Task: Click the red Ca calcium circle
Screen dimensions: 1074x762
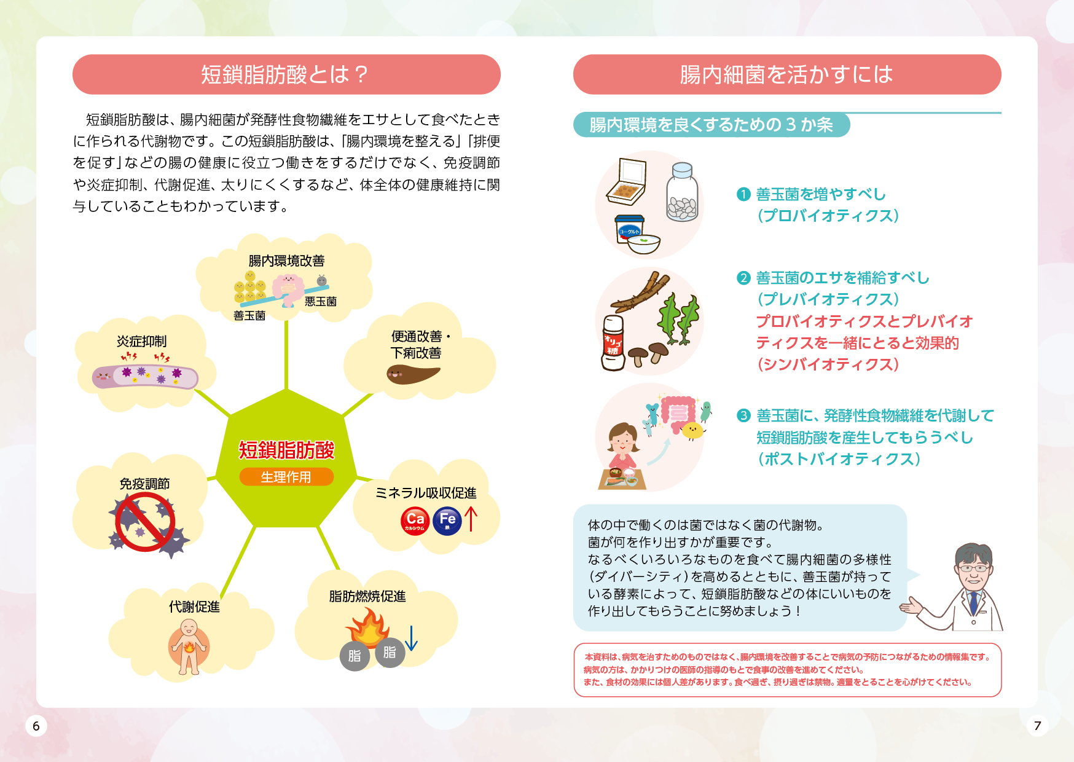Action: pyautogui.click(x=415, y=521)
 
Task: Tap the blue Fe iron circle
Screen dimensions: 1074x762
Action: pyautogui.click(x=447, y=521)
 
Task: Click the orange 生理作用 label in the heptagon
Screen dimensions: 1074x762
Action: pyautogui.click(x=286, y=477)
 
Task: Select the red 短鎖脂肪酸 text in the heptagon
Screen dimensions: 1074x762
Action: pyautogui.click(x=286, y=450)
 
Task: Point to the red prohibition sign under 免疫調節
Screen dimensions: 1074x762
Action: pyautogui.click(x=145, y=522)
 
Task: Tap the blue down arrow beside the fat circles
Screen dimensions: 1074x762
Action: pyautogui.click(x=412, y=638)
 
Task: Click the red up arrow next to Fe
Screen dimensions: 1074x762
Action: pyautogui.click(x=471, y=519)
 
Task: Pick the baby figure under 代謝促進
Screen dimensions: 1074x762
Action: pyautogui.click(x=189, y=646)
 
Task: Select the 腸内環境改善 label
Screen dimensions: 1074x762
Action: pyautogui.click(x=286, y=261)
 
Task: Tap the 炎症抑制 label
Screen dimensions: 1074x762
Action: pyautogui.click(x=141, y=341)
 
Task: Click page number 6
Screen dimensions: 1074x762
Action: pyautogui.click(x=36, y=726)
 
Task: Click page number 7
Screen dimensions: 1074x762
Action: pyautogui.click(x=1038, y=726)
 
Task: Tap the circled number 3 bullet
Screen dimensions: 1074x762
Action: pyautogui.click(x=743, y=415)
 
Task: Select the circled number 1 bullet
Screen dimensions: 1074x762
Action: pyautogui.click(x=743, y=194)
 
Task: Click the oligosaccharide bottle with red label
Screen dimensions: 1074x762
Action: pyautogui.click(x=613, y=343)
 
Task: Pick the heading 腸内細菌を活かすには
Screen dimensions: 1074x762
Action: pyautogui.click(x=786, y=74)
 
